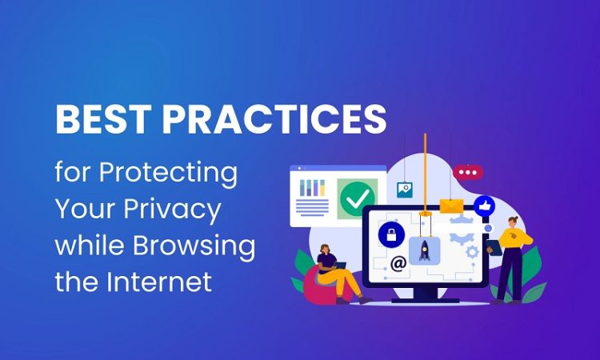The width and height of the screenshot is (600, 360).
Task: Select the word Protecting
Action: tap(168, 174)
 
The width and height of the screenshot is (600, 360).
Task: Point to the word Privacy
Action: tap(172, 210)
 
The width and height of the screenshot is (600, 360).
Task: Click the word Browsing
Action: tap(194, 246)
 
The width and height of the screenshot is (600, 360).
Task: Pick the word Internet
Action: tap(159, 281)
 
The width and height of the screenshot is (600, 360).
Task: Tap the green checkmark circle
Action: tap(357, 198)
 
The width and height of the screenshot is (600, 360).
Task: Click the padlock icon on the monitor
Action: tap(391, 234)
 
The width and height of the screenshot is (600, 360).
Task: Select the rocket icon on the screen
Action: tap(424, 250)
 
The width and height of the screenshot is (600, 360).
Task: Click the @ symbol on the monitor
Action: tap(398, 263)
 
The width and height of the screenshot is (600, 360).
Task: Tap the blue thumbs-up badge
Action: tap(485, 206)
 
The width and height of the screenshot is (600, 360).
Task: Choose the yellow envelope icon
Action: tap(451, 206)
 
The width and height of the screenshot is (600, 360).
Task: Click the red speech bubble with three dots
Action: tap(468, 173)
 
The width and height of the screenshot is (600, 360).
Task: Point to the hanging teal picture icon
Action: tap(405, 190)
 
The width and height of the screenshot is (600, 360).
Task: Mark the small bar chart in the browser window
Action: tap(312, 187)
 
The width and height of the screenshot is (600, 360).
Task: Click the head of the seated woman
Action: tap(325, 249)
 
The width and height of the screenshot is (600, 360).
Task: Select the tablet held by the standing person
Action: tap(494, 247)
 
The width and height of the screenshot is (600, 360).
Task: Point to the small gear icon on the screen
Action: tap(473, 252)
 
